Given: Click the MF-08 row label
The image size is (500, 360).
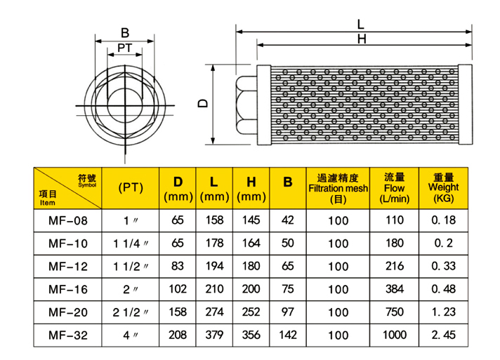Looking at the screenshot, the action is point(68,220).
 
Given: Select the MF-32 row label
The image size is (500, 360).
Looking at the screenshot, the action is point(68,335).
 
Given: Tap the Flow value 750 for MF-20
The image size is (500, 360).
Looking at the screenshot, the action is point(395,312).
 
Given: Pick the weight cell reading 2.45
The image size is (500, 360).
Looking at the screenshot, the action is point(444,335).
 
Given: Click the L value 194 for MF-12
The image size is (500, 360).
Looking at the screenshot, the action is point(214,266).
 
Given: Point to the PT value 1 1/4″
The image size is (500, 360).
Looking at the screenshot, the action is point(131,244).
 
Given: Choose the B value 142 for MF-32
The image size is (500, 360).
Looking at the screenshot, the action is point(288,335).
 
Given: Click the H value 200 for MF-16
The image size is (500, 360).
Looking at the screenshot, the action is point(251,289).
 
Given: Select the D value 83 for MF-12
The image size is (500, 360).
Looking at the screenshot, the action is point(177,266).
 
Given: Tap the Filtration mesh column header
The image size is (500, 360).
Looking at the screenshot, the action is point(338,188).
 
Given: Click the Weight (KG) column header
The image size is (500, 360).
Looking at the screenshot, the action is point(444,188).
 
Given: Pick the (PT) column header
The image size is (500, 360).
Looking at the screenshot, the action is point(131,187).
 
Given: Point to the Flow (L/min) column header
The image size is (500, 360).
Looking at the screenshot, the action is point(395,188).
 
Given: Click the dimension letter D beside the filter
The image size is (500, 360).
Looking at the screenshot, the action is point(203,103).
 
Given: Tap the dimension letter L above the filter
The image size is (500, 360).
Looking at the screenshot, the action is point(360,25).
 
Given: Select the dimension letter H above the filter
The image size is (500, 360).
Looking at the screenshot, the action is point(362,39).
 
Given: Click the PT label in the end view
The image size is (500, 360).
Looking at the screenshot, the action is point(125,48).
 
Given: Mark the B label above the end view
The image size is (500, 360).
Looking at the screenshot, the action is point(125,33).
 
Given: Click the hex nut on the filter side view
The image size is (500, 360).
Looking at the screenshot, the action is point(246,105).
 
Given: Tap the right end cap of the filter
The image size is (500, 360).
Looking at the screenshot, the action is point(466,105).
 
